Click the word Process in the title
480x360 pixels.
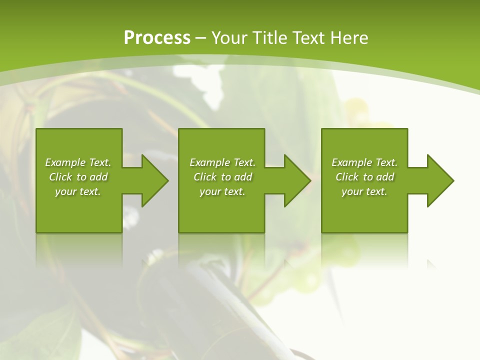click(x=157, y=38)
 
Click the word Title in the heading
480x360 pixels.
click(x=269, y=38)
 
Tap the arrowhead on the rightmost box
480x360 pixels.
click(x=439, y=180)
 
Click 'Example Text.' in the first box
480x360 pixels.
click(x=78, y=162)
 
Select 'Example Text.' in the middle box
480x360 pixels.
click(x=222, y=162)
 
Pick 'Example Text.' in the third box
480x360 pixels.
click(x=364, y=162)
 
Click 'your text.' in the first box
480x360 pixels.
click(x=78, y=191)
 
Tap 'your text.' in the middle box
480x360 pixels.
click(x=222, y=191)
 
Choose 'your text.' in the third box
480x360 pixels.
click(x=364, y=191)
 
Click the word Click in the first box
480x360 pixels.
click(x=60, y=177)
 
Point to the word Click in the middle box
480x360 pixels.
click(x=205, y=177)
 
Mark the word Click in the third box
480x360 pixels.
click(x=347, y=177)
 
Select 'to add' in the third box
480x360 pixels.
click(x=379, y=177)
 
